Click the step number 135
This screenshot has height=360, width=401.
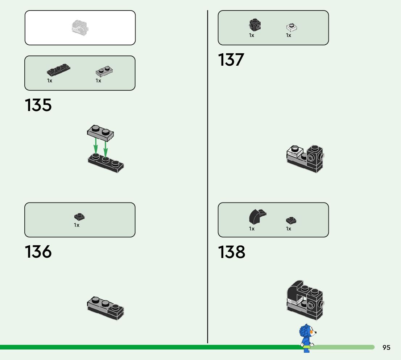[38, 105]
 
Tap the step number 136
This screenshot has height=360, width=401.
[38, 252]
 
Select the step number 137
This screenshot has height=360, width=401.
[231, 60]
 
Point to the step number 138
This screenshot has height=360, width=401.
[232, 252]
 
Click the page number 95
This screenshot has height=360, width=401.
[386, 347]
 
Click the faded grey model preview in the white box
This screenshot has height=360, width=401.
[80, 28]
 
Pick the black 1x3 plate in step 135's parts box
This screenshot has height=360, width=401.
[58, 70]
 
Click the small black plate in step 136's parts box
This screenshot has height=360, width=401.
[79, 217]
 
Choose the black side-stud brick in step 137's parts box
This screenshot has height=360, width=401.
[255, 25]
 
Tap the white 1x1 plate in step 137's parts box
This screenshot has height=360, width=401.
[292, 27]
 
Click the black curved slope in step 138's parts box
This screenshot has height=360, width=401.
[256, 216]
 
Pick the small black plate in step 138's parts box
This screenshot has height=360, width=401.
[291, 220]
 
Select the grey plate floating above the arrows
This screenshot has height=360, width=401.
[100, 132]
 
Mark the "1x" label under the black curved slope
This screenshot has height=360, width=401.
[252, 229]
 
